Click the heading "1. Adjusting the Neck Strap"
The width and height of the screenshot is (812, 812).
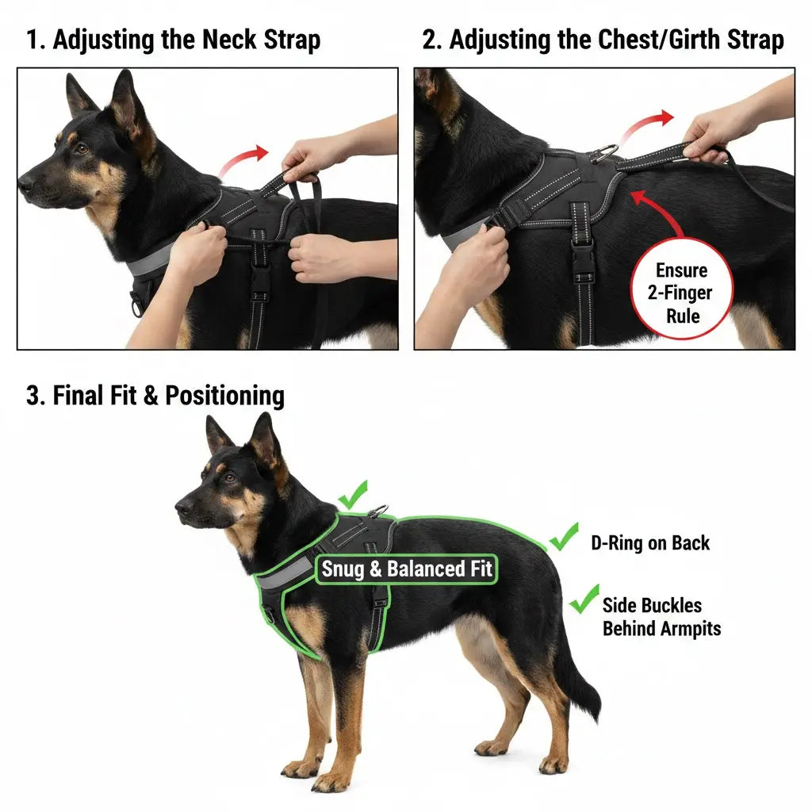[x=174, y=40]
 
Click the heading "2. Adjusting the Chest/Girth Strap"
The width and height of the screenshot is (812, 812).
[x=603, y=40]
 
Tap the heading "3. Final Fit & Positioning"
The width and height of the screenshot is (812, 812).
[x=155, y=395]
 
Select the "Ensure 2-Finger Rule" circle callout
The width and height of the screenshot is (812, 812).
[x=682, y=293]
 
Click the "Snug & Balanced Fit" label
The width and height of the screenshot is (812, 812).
[x=406, y=569]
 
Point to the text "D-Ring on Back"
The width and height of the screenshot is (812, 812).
[x=650, y=543]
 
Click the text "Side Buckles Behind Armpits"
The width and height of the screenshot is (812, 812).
[x=661, y=617]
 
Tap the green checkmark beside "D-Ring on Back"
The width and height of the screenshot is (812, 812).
[x=564, y=537]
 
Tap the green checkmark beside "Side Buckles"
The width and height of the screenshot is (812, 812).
[x=584, y=599]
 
